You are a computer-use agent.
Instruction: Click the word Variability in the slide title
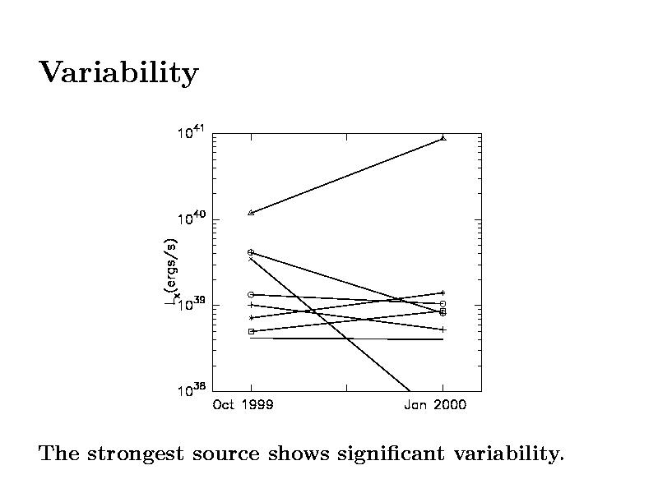click(x=118, y=73)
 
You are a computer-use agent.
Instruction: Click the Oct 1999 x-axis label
click(x=243, y=405)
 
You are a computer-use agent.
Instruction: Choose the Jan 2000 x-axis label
click(x=434, y=405)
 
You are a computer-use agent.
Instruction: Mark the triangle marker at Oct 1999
click(x=251, y=213)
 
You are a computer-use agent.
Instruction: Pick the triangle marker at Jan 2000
click(x=443, y=138)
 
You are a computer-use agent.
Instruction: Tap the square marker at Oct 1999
click(x=251, y=331)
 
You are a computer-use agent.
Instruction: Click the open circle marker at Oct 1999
click(x=251, y=294)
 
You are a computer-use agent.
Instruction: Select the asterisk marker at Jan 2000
click(x=443, y=293)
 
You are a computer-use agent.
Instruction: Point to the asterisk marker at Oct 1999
click(x=251, y=317)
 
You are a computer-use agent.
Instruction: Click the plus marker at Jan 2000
click(x=443, y=329)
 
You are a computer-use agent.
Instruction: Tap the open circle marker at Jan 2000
click(x=443, y=304)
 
